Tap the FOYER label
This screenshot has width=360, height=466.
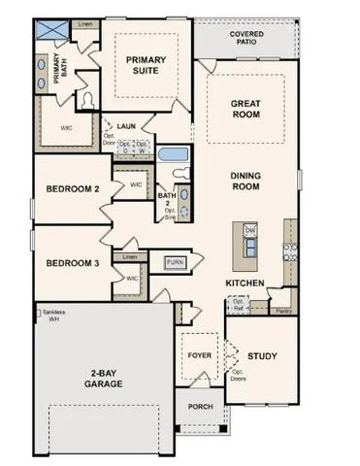coord(200,355)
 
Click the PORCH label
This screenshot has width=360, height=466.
coord(200,406)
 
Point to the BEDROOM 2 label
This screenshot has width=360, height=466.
coord(71,189)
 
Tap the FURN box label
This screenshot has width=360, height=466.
coord(175,262)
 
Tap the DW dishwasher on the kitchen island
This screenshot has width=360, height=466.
coord(249,229)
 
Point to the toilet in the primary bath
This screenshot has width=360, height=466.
coord(87,98)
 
